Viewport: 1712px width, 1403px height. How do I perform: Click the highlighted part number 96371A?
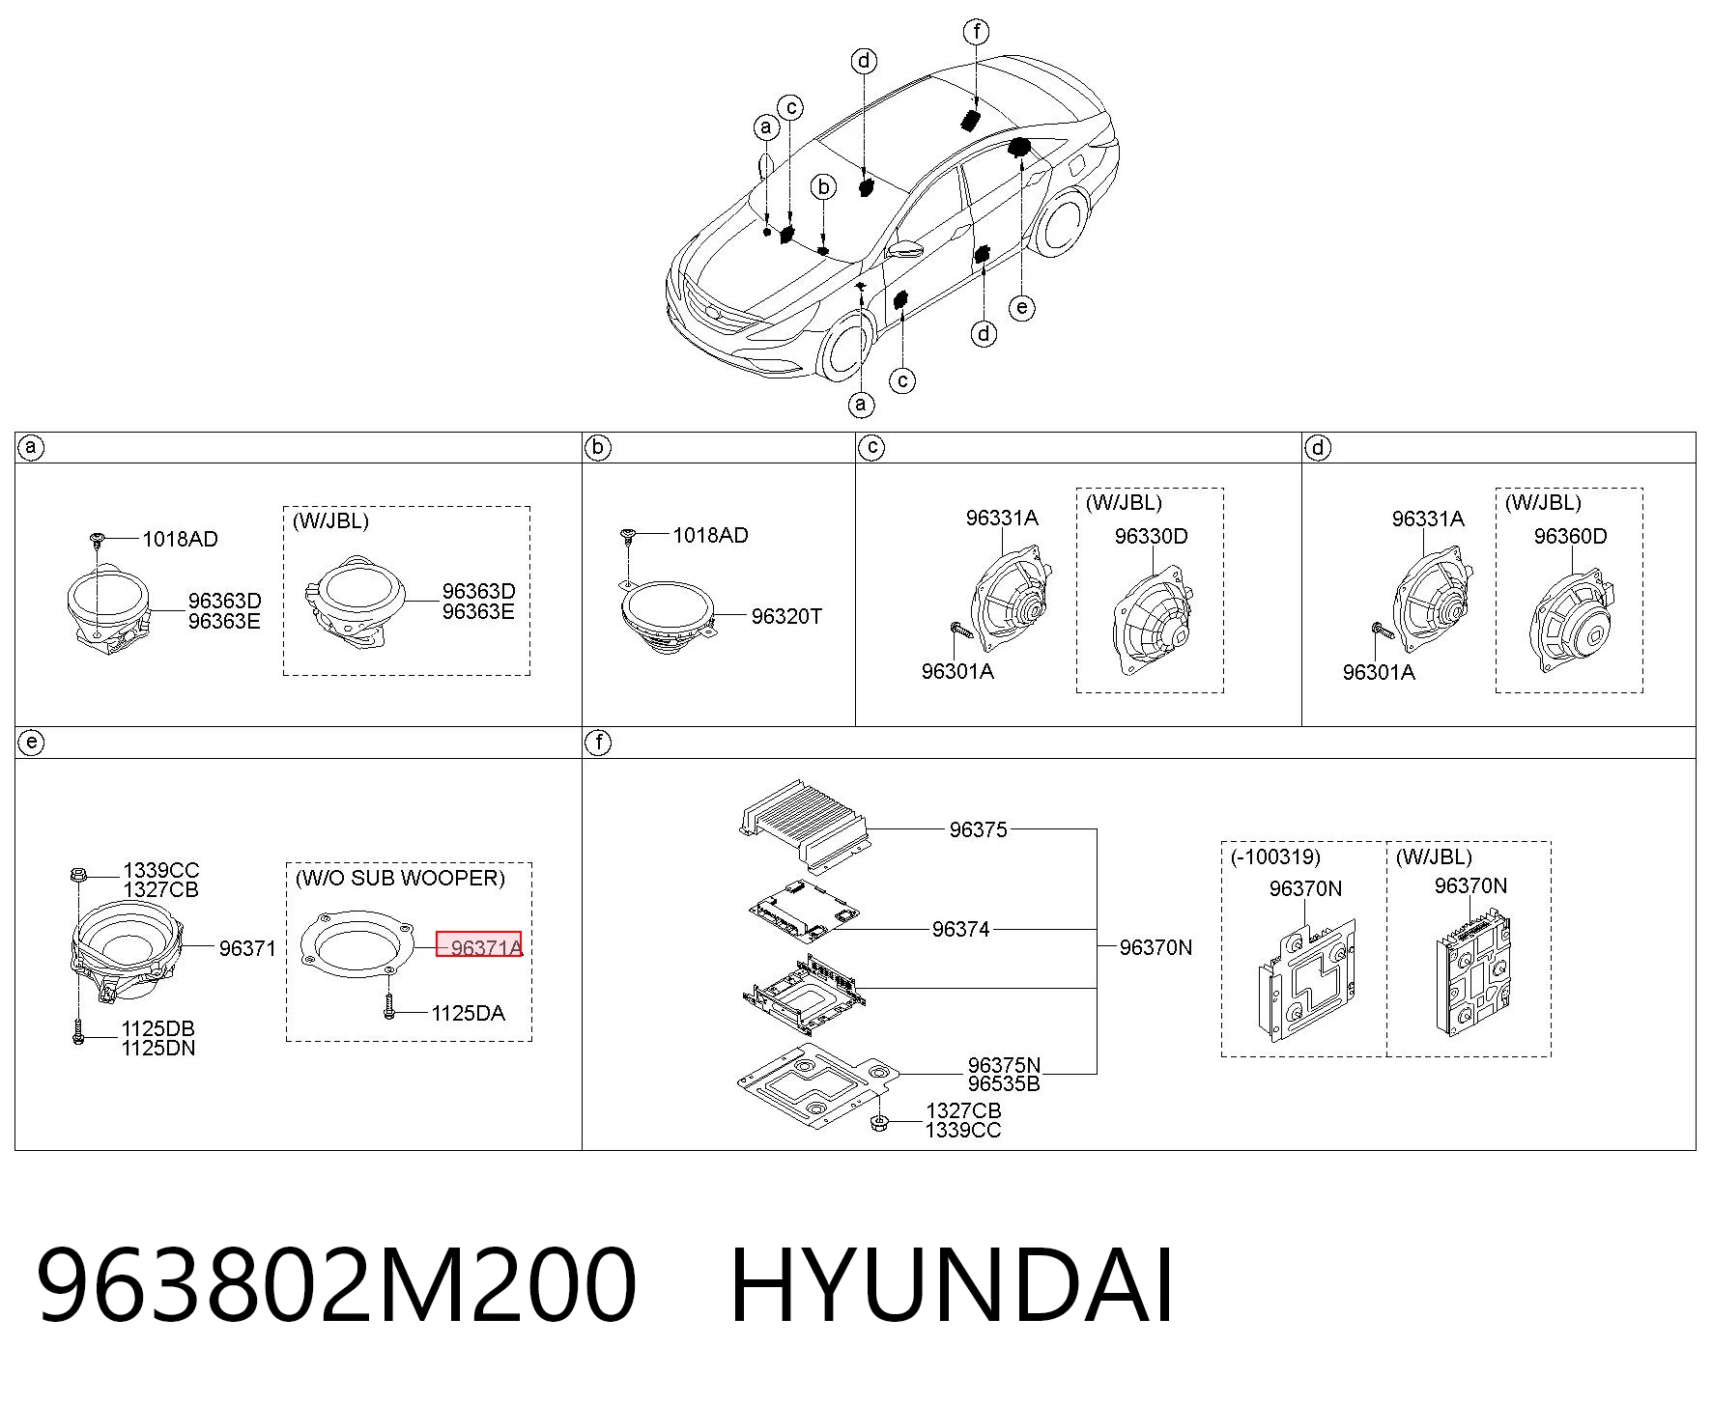click(486, 947)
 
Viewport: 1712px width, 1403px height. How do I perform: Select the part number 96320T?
click(786, 616)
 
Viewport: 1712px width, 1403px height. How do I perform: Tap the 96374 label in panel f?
click(960, 929)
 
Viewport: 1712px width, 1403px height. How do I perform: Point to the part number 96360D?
click(1570, 536)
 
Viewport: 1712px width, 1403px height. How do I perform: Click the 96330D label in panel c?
click(1151, 536)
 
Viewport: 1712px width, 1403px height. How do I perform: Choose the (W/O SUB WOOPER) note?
click(400, 878)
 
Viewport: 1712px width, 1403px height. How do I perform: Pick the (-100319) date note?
click(1275, 856)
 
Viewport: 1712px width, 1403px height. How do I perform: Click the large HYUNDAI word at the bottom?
click(952, 1286)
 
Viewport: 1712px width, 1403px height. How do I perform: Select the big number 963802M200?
click(336, 1286)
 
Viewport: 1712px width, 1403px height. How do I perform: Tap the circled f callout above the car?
click(977, 32)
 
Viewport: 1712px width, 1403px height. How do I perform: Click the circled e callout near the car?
click(1022, 308)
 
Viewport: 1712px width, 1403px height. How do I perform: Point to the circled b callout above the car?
click(823, 186)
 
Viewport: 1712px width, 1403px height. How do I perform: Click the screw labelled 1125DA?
click(388, 1007)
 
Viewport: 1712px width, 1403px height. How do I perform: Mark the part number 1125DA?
click(468, 1013)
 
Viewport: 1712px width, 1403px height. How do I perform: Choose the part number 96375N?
click(1004, 1065)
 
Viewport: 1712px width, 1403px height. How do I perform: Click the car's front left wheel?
click(844, 350)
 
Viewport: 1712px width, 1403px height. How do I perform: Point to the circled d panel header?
click(1318, 447)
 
